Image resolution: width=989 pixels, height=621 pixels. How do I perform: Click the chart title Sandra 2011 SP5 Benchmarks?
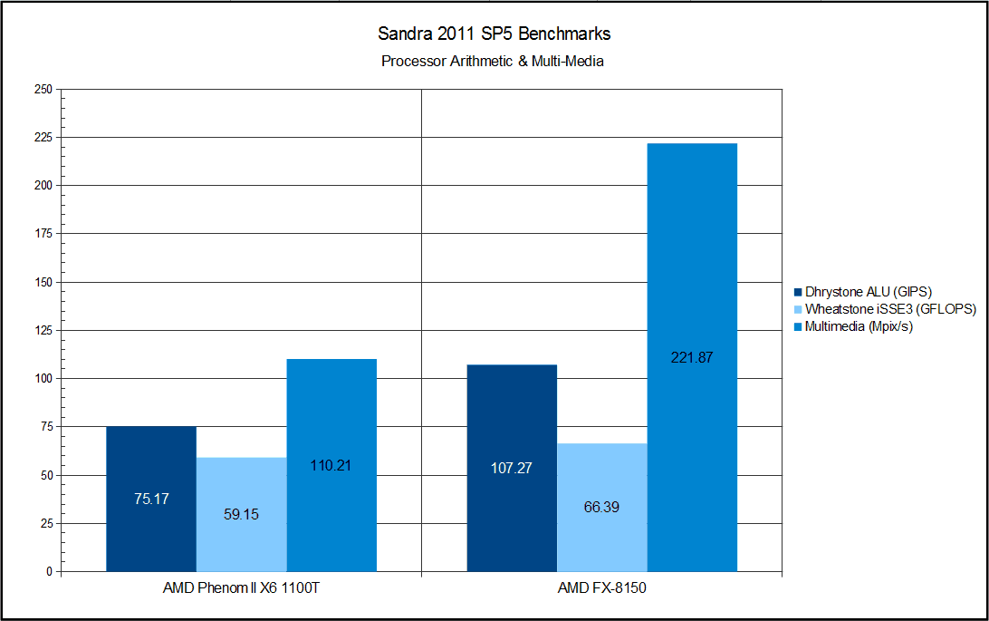494,34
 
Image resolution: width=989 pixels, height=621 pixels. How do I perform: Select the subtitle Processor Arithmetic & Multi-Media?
493,62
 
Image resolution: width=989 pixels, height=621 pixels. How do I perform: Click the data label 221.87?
693,357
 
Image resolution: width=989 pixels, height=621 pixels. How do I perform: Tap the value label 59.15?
241,514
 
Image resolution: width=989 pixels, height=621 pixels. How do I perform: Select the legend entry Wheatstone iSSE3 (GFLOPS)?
884,309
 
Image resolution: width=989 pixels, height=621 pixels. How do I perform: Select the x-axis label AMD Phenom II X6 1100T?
241,589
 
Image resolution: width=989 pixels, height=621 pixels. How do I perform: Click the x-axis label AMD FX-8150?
602,589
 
